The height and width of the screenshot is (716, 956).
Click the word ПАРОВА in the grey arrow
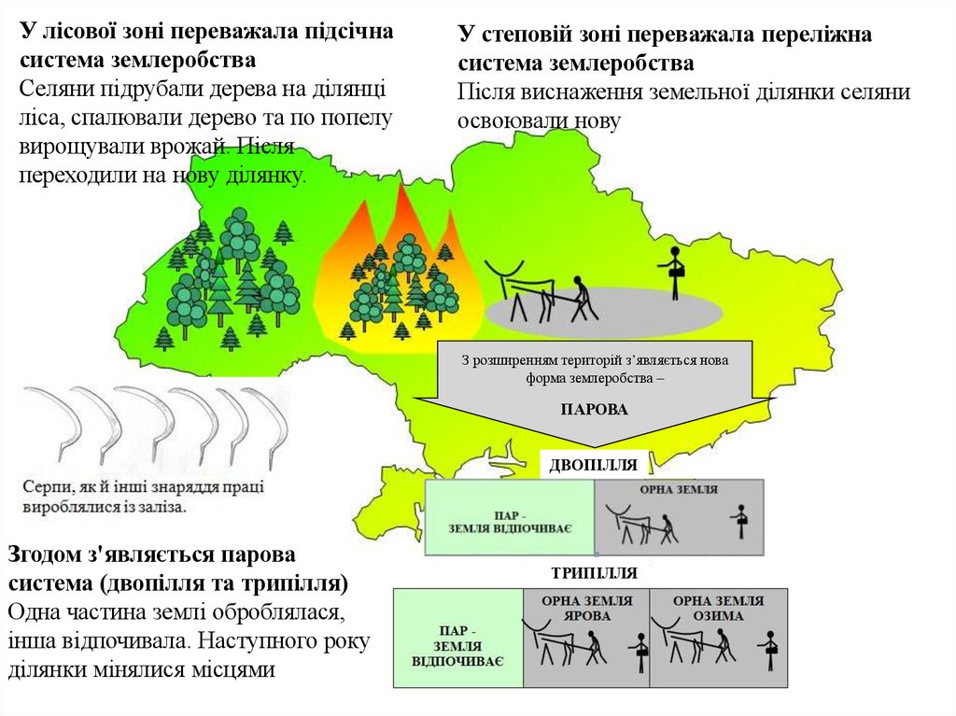(595, 409)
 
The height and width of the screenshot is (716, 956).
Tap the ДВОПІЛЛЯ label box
(594, 464)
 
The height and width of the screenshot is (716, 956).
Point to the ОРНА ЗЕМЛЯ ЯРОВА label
(587, 609)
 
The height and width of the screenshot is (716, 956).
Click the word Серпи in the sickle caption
(44, 486)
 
